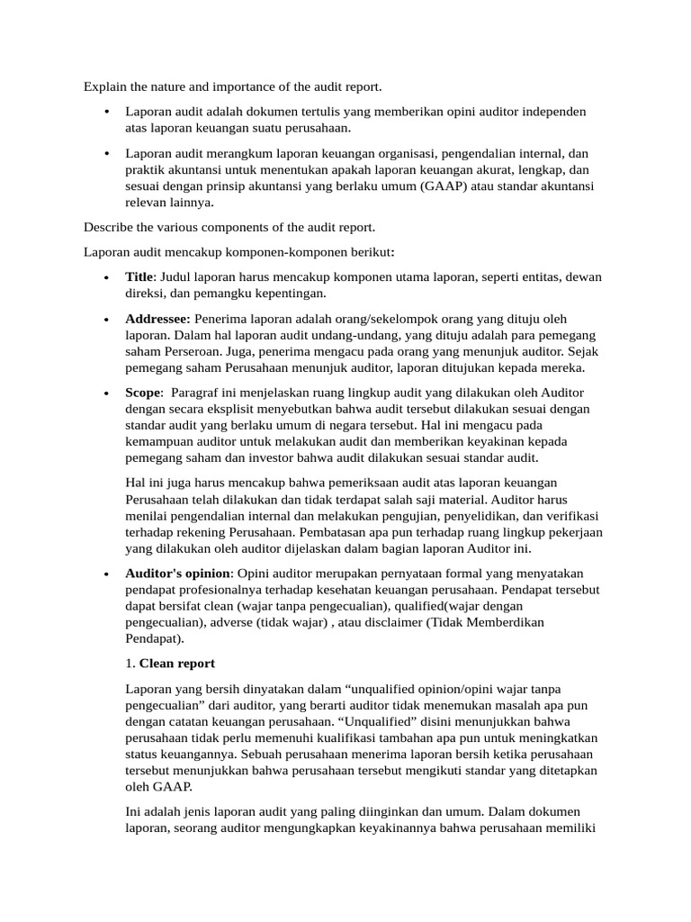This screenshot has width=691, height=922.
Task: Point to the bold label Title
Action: pos(139,276)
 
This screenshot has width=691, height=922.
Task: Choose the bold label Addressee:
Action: pos(158,319)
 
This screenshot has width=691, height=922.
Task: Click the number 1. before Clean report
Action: pos(130,663)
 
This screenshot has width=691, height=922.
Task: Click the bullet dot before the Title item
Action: pos(107,277)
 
